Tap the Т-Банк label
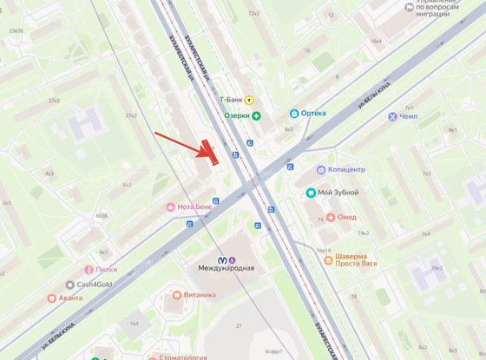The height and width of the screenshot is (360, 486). (230, 100)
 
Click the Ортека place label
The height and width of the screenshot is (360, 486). (313, 114)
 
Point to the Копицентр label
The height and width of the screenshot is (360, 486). (347, 170)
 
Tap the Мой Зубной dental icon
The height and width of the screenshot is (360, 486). (311, 193)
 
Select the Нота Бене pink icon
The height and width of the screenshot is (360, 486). (171, 207)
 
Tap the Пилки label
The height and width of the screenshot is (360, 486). (108, 269)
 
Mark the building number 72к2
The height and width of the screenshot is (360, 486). (253, 14)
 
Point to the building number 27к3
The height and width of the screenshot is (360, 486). (55, 101)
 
